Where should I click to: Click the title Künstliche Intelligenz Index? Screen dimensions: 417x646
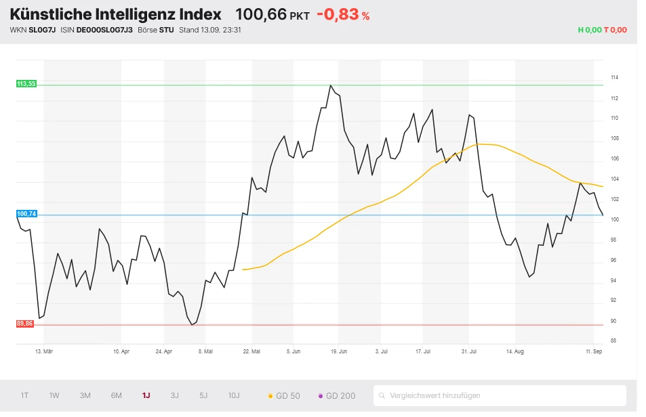[115, 14]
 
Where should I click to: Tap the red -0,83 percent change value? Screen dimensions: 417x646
[342, 14]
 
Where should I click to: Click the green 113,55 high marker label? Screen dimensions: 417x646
[26, 84]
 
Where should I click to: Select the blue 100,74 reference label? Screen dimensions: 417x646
[26, 214]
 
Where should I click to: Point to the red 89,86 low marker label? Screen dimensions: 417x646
[24, 324]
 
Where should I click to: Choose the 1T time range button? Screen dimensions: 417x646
[25, 395]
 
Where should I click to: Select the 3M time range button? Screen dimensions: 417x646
[85, 395]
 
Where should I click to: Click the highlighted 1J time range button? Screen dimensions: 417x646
[146, 395]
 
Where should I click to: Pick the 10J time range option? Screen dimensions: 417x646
[233, 395]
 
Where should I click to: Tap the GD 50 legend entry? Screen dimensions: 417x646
[284, 395]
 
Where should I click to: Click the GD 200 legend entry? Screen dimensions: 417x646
[336, 395]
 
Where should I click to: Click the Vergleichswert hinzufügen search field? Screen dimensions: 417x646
[500, 395]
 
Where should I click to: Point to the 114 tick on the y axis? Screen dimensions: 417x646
[614, 78]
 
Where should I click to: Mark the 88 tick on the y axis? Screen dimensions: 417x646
[613, 341]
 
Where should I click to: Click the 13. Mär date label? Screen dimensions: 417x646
[43, 351]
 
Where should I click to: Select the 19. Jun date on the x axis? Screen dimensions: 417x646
[338, 351]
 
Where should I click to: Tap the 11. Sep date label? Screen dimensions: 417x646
[594, 351]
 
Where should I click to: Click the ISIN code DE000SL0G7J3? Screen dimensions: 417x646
[104, 30]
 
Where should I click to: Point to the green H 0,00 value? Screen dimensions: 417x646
[589, 30]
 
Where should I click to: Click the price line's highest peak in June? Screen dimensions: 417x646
[330, 85]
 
